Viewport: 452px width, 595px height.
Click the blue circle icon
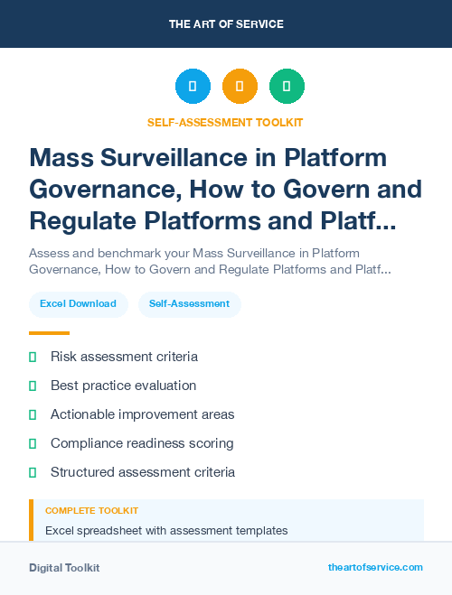[x=193, y=87]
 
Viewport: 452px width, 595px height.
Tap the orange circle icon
[x=240, y=87]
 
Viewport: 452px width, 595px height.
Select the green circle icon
[x=287, y=87]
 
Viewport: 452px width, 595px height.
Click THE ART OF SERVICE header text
[x=226, y=24]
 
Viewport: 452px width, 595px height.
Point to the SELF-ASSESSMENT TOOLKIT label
[x=225, y=122]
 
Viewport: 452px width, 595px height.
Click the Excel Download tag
[x=78, y=304]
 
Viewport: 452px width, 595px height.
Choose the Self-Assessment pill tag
[x=189, y=304]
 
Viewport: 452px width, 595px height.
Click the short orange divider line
[x=49, y=333]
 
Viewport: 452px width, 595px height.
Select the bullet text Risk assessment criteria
[x=124, y=357]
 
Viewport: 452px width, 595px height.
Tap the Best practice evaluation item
[x=123, y=386]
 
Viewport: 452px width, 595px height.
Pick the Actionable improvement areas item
[x=142, y=414]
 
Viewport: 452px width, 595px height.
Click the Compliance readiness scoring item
[x=142, y=443]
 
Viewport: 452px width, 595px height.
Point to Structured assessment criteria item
[x=143, y=472]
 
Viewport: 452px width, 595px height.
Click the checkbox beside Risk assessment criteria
[x=33, y=358]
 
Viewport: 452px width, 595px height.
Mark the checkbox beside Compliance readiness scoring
[x=33, y=444]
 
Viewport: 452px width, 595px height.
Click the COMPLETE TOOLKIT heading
[x=91, y=511]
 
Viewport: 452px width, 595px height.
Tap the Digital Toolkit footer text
[x=64, y=568]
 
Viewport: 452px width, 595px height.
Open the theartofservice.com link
[x=375, y=567]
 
